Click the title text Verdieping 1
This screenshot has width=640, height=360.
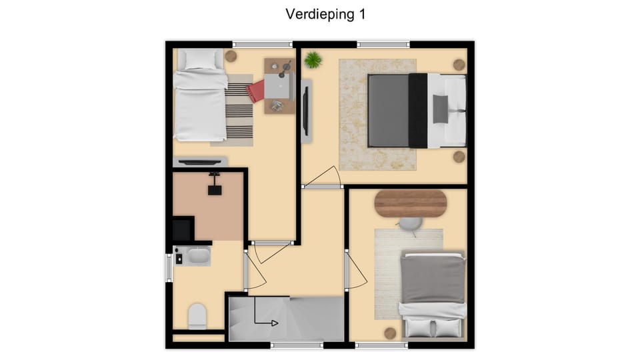[325, 14]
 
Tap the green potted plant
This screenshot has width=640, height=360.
[313, 61]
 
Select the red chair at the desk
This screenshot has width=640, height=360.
[255, 91]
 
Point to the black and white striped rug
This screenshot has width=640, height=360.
[238, 110]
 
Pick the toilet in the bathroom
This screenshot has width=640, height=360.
[197, 316]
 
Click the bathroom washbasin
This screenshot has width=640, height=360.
[197, 255]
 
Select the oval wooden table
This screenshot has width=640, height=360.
[410, 203]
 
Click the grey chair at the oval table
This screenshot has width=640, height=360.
[410, 224]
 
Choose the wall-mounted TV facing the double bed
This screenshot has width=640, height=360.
[306, 111]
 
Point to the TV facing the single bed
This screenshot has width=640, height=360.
[200, 161]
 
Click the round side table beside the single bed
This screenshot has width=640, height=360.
[231, 56]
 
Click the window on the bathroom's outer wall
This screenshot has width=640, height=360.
[168, 267]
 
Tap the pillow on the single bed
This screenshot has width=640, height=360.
[199, 59]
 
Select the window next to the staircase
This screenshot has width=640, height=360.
[297, 345]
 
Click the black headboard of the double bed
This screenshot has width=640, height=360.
[417, 111]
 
